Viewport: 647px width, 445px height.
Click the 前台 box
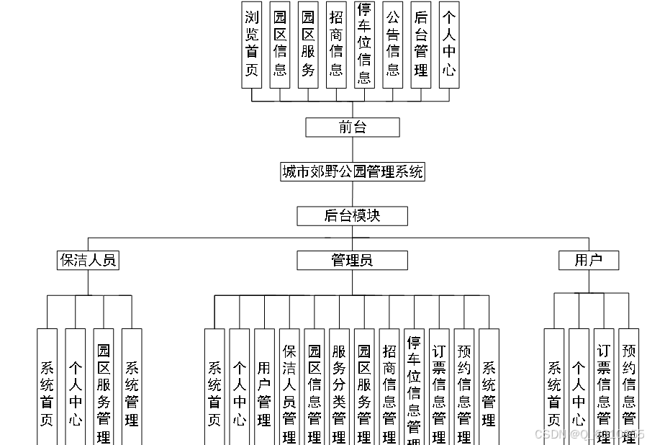[352, 127]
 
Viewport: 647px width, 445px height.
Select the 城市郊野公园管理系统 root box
[352, 171]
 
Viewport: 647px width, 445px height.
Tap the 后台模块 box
[352, 215]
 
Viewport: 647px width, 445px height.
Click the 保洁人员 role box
[88, 260]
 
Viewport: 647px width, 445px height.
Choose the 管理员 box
[352, 260]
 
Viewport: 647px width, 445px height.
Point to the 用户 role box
[588, 260]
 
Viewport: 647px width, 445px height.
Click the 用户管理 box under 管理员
[264, 387]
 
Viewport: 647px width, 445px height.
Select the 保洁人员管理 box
[289, 387]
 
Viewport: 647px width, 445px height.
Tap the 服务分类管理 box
[339, 387]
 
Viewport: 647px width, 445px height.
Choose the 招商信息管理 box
[389, 387]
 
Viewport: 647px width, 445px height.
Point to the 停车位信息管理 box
[414, 387]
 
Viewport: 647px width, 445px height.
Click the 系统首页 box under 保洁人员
[47, 387]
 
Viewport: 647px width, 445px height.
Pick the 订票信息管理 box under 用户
[604, 387]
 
